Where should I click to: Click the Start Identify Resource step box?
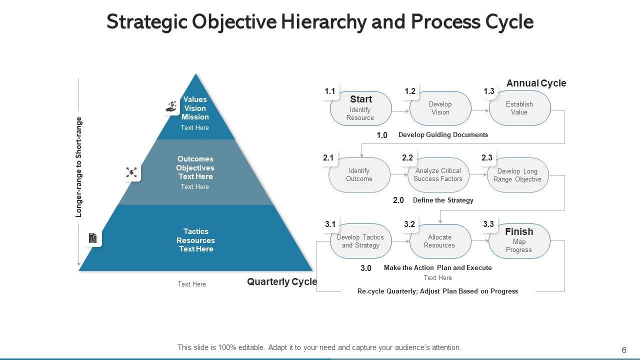pyautogui.click(x=360, y=108)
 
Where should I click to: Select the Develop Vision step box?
pyautogui.click(x=440, y=108)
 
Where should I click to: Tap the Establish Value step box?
pyautogui.click(x=519, y=108)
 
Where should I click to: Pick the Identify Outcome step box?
pyautogui.click(x=359, y=175)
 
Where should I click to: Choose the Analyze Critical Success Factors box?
pyautogui.click(x=438, y=175)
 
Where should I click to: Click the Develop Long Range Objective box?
pyautogui.click(x=517, y=175)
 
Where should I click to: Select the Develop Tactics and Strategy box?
pyautogui.click(x=360, y=241)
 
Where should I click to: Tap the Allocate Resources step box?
pyautogui.click(x=440, y=241)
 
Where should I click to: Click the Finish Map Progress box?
pyautogui.click(x=519, y=241)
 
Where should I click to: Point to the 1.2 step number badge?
pyautogui.click(x=410, y=91)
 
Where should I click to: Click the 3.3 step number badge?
pyautogui.click(x=488, y=224)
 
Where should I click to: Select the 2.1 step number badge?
pyautogui.click(x=328, y=158)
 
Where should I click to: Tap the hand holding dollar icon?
pyautogui.click(x=171, y=106)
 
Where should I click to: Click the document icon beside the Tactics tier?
pyautogui.click(x=92, y=238)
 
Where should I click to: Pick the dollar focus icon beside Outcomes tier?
pyautogui.click(x=131, y=172)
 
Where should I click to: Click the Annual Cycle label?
pyautogui.click(x=536, y=83)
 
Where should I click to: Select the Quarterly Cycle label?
pyautogui.click(x=282, y=282)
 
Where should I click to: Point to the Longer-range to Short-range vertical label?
pyautogui.click(x=78, y=167)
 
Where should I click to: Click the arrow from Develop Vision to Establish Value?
pyautogui.click(x=480, y=110)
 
